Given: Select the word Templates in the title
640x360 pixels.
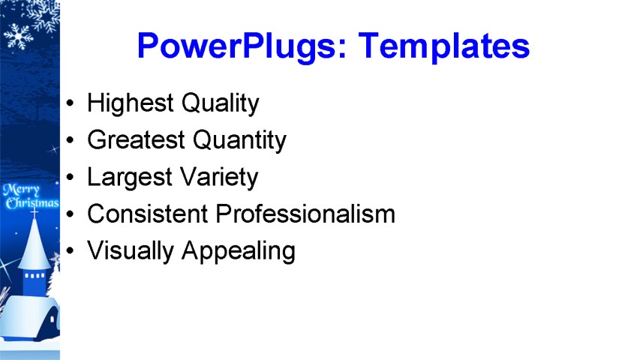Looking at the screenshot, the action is [x=444, y=46].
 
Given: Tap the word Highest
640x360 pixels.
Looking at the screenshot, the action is [x=131, y=103].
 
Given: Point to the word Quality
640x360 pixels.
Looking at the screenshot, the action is [x=221, y=103].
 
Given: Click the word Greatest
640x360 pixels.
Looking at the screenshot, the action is [x=137, y=140].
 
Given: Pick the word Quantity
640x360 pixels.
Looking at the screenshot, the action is [x=239, y=140].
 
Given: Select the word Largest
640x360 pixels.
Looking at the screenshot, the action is [x=130, y=178].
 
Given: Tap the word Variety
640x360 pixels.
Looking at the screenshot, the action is [x=219, y=178].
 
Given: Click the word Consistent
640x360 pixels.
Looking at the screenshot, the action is [x=148, y=214].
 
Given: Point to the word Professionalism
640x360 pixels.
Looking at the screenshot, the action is [x=305, y=214].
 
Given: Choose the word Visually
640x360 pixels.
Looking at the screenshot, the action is [x=131, y=251].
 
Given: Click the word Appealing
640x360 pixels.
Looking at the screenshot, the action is [x=239, y=251].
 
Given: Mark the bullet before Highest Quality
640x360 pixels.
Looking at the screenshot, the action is [x=71, y=103].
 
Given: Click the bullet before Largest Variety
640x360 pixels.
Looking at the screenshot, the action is [x=71, y=177].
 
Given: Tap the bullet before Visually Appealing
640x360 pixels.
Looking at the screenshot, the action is [x=71, y=250].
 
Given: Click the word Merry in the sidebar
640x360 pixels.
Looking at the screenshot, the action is [x=21, y=190].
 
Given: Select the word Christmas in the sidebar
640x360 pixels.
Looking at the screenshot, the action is [x=32, y=202].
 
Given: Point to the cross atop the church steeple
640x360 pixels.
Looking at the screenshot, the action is [x=35, y=211].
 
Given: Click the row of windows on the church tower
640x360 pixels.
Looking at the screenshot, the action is [x=35, y=275].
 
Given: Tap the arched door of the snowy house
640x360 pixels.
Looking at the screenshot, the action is [x=52, y=321].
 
